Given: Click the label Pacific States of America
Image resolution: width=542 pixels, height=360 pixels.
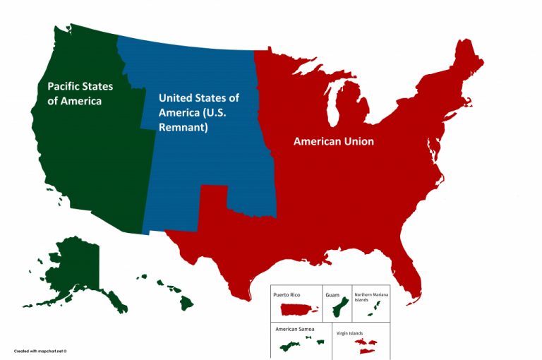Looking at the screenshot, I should click(x=80, y=93).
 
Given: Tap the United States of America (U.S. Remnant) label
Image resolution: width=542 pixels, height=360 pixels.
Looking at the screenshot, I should click(x=198, y=113).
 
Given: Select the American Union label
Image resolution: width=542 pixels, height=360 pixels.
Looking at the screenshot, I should click(x=333, y=141).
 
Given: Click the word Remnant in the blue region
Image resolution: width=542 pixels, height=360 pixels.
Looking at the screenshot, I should click(x=182, y=128).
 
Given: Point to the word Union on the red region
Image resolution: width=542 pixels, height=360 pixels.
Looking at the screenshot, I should click(x=356, y=141).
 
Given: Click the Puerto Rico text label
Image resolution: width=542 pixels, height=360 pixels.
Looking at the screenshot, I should click(x=287, y=294).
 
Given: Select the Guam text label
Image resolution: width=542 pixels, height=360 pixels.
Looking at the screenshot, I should click(x=332, y=294).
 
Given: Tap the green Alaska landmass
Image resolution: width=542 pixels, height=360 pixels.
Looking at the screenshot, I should click(x=74, y=272).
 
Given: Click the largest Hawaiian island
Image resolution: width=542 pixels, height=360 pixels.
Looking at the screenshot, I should click(x=186, y=302).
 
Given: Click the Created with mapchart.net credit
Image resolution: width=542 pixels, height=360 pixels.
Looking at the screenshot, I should click(x=44, y=350).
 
